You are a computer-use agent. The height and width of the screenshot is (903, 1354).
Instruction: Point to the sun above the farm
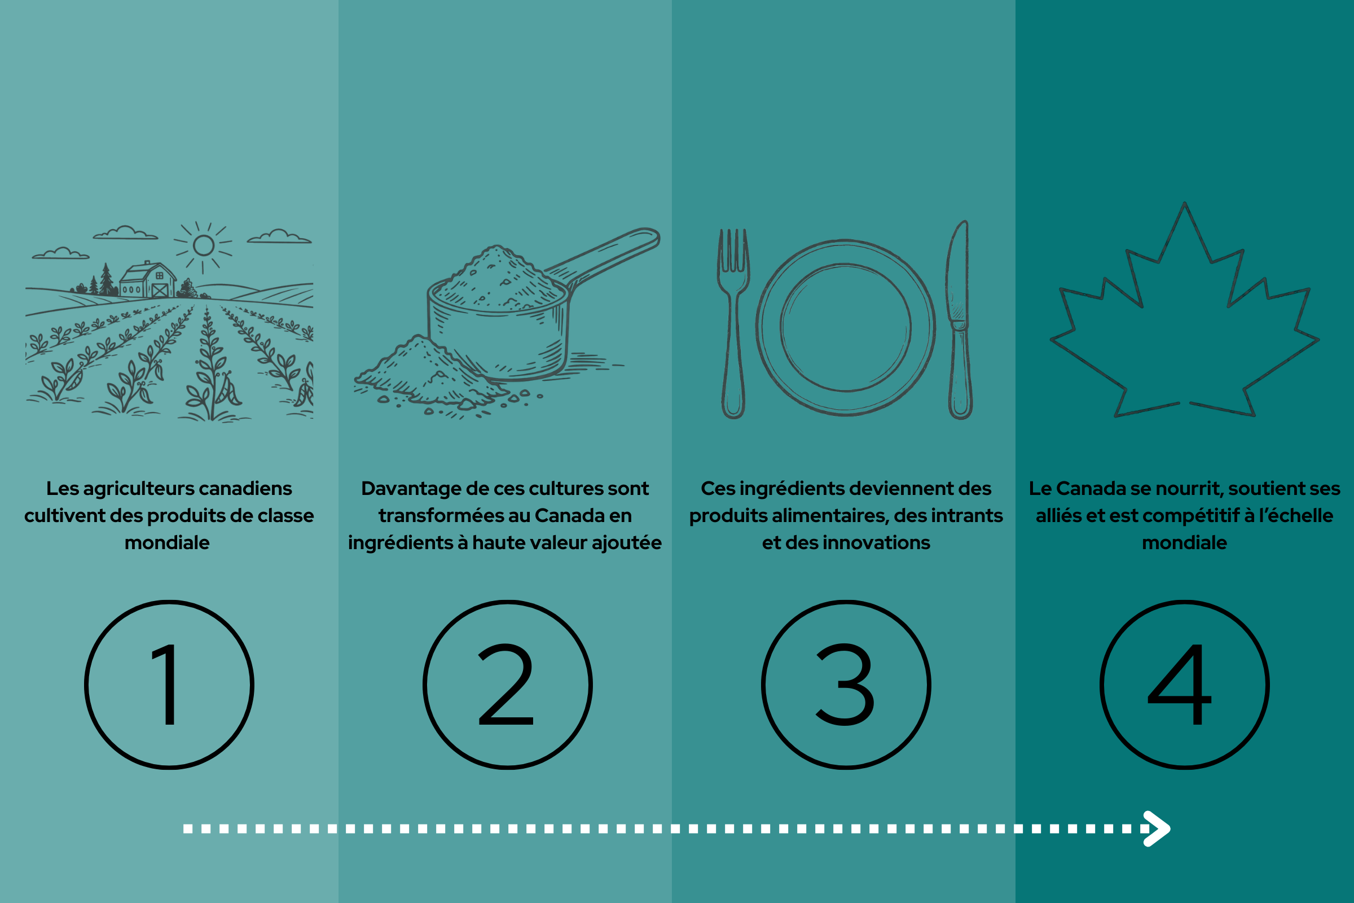point(204,246)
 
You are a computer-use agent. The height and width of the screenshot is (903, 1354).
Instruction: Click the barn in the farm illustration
point(147,280)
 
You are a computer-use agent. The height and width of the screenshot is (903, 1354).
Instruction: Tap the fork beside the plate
point(733,323)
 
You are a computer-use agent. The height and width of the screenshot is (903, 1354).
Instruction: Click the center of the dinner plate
point(846,327)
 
